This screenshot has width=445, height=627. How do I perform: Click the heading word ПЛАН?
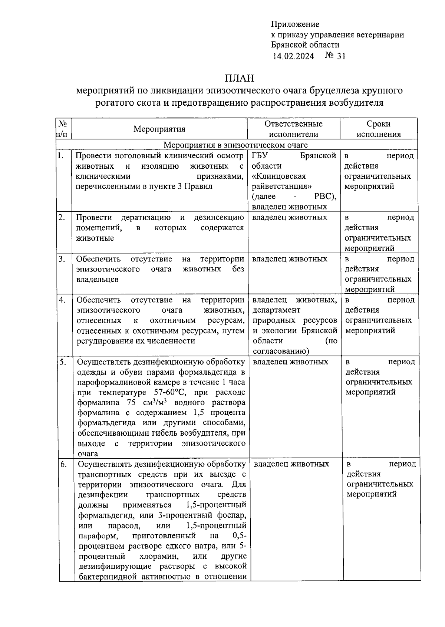239,78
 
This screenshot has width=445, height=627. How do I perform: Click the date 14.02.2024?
293,56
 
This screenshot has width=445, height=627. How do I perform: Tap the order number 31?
341,56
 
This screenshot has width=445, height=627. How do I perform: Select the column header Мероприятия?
159,129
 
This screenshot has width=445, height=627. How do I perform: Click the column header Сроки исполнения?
379,129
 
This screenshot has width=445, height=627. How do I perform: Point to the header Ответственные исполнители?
293,129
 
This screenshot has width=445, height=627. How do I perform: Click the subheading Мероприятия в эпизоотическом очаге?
235,145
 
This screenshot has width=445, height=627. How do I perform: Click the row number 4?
62,300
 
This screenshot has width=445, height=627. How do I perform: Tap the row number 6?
63,464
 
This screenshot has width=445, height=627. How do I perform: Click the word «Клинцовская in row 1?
279,176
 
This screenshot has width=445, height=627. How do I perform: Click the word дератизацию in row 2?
146,217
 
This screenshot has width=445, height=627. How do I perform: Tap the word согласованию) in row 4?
281,351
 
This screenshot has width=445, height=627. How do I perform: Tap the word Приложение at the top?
295,24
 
